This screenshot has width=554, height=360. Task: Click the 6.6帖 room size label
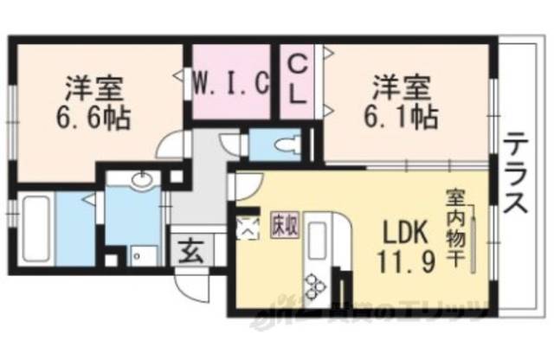pos(95,118)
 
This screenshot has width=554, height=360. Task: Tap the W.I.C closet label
pos(229,85)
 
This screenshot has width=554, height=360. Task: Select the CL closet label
pos(296,79)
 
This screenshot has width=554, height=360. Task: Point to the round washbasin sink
pos(141,183)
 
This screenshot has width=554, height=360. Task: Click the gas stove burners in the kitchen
pos(312,284)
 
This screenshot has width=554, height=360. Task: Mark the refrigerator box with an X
pos(248,228)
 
